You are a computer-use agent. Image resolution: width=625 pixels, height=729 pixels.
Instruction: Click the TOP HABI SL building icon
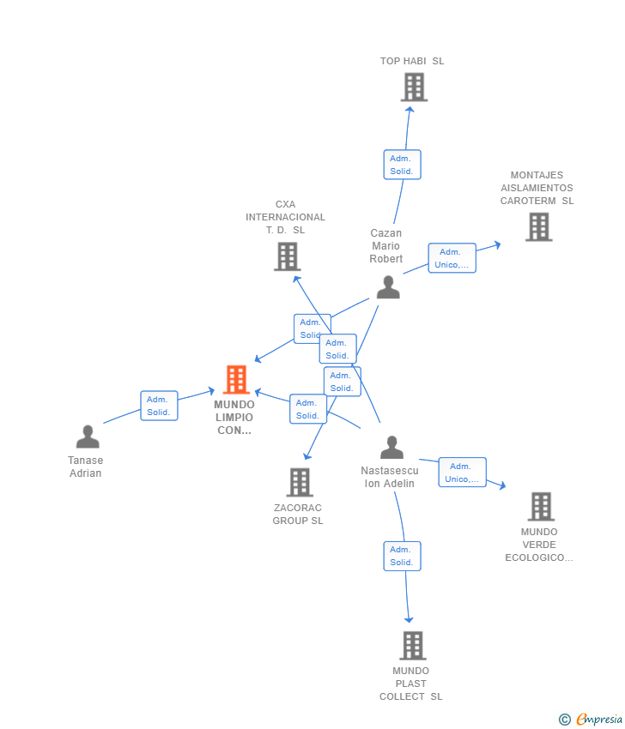click(414, 87)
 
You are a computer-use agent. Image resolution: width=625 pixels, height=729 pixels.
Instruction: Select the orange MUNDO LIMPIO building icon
click(236, 379)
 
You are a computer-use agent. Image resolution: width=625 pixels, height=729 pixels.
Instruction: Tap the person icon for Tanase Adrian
click(88, 437)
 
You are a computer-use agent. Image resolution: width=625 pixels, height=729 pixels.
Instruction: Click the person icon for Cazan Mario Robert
click(388, 287)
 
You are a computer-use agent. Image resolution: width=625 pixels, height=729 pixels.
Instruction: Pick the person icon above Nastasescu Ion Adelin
click(391, 448)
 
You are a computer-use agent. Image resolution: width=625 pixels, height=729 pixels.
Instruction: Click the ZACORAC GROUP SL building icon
click(299, 482)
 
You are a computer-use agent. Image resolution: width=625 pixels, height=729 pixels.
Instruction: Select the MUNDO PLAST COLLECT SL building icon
click(413, 645)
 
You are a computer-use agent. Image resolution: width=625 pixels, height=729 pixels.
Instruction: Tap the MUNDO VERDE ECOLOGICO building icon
click(541, 506)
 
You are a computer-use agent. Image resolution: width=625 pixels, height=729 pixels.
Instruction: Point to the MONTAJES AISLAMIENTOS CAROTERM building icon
click(538, 226)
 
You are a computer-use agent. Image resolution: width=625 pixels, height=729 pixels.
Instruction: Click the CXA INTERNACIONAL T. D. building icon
click(287, 256)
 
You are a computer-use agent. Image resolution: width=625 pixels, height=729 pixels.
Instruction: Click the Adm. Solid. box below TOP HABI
click(402, 165)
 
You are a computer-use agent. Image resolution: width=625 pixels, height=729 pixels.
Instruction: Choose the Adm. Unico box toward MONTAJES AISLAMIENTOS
click(452, 258)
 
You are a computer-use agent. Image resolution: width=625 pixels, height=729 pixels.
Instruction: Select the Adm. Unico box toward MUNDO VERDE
click(462, 473)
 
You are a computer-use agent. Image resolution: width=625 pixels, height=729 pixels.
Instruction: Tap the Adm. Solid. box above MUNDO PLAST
click(402, 556)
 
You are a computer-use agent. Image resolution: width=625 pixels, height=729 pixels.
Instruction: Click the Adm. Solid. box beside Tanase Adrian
click(159, 406)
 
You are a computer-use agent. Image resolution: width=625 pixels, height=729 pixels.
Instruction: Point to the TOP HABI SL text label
click(412, 61)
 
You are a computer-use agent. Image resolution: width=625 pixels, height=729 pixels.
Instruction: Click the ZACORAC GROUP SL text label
click(298, 515)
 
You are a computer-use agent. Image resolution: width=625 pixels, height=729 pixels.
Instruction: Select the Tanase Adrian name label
click(86, 467)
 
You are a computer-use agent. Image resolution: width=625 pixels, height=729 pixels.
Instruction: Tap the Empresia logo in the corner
click(591, 719)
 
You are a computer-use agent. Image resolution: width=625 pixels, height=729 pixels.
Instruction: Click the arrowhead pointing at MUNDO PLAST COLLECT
click(409, 619)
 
